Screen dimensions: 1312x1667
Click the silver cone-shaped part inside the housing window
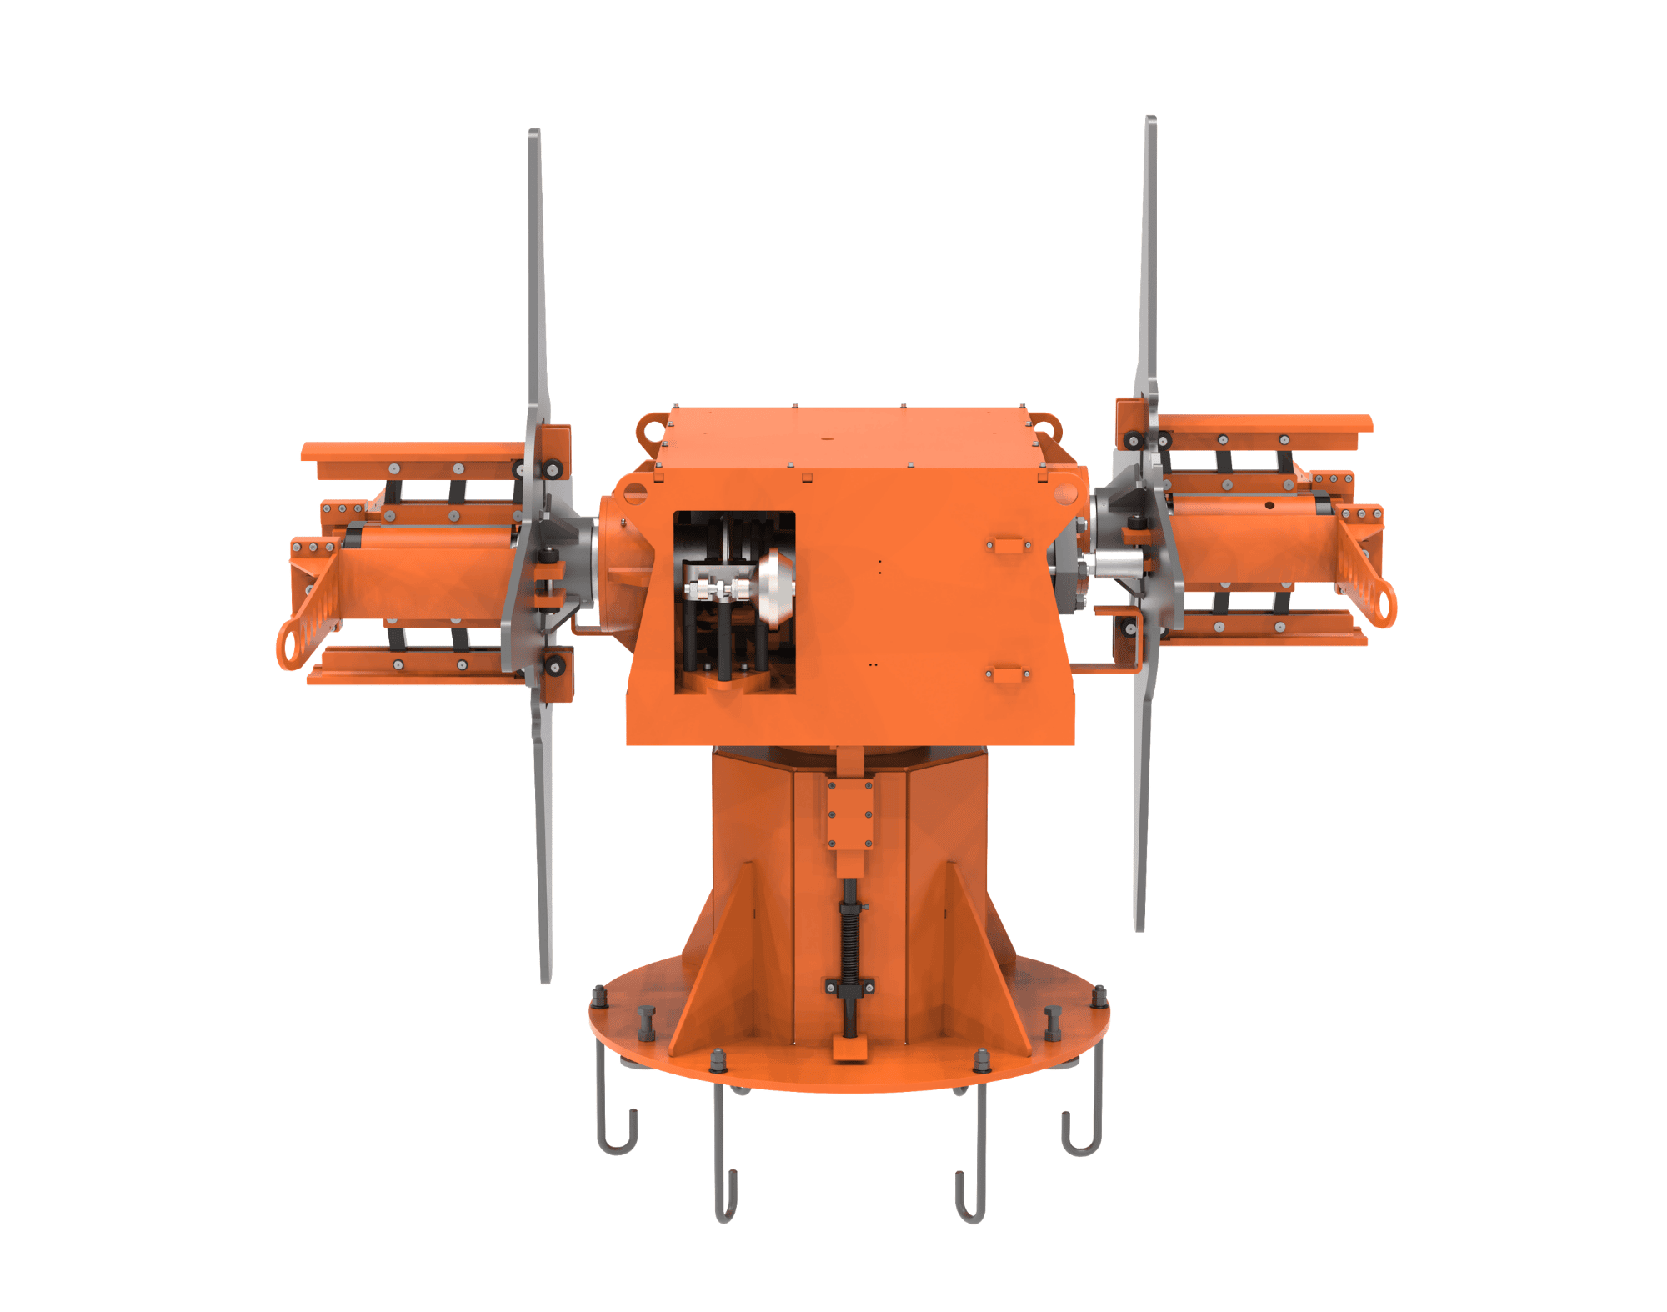pyautogui.click(x=774, y=588)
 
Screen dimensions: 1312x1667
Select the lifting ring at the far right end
pyautogui.click(x=1383, y=604)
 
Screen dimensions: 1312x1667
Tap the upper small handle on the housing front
pyautogui.click(x=1009, y=546)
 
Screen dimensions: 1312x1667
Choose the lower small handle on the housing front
pyautogui.click(x=1008, y=674)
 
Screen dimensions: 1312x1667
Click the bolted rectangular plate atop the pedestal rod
pyautogui.click(x=850, y=814)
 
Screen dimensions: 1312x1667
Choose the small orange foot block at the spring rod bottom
pyautogui.click(x=849, y=1049)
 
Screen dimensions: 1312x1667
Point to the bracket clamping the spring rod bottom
pyautogui.click(x=849, y=987)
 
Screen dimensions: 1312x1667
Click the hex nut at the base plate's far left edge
pyautogui.click(x=598, y=996)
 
